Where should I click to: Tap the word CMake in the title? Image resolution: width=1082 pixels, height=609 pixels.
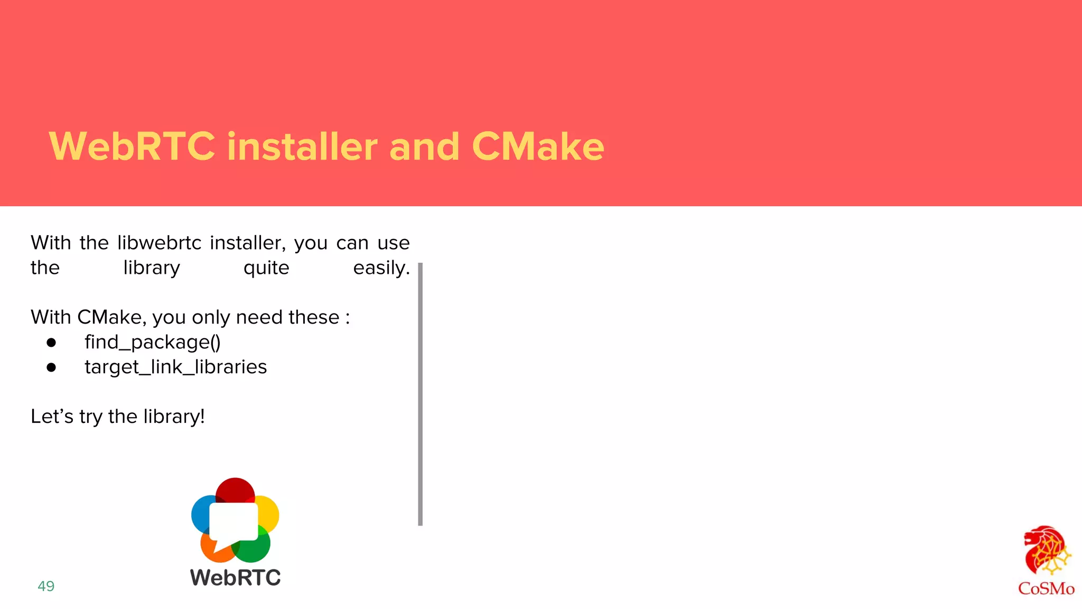pos(538,146)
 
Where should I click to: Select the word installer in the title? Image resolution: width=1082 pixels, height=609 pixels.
pos(302,146)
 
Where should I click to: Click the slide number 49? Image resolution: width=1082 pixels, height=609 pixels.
pos(46,586)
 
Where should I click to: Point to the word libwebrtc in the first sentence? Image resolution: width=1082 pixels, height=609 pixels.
pos(159,243)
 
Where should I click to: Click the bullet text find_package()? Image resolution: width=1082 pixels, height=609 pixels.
pos(153,342)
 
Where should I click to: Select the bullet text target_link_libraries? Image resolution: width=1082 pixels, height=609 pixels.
pos(175,367)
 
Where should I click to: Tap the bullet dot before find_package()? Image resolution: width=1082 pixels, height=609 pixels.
pos(51,343)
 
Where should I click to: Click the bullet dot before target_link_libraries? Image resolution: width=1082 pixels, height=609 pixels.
pos(51,367)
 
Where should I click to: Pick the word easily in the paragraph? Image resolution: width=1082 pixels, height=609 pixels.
pos(381,268)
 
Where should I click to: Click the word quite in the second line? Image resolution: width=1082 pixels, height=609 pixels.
pos(266,268)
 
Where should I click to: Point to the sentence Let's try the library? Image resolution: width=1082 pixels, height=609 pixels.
pos(117,417)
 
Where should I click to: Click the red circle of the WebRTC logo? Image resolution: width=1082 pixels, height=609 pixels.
pos(235,489)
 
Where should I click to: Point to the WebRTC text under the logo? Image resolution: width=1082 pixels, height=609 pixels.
pos(235,577)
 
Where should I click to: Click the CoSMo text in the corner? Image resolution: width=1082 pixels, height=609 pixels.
pos(1046,588)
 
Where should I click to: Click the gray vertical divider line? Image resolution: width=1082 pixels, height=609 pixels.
pos(420,394)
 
